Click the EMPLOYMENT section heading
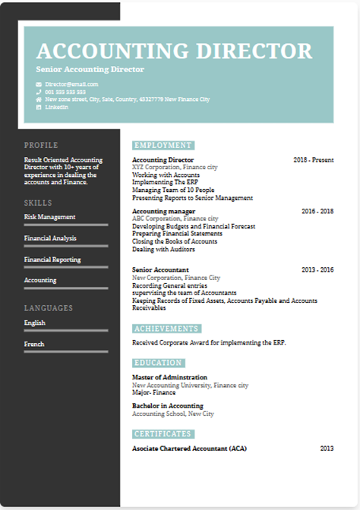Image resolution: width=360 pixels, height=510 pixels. point(163,145)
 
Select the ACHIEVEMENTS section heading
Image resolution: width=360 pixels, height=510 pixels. point(167,329)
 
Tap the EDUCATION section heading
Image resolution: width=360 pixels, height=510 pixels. point(160,363)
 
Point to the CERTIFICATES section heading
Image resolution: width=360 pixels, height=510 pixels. point(163,434)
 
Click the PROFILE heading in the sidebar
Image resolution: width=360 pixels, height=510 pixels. point(41,145)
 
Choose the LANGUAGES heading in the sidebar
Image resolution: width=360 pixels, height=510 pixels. point(49,308)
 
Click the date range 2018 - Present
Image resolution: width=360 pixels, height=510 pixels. point(314,160)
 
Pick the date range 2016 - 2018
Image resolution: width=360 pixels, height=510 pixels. point(317,211)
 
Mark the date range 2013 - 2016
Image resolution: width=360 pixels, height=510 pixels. point(317,269)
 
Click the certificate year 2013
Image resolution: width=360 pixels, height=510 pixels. point(327,449)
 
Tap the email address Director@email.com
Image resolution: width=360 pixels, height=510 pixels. point(71,83)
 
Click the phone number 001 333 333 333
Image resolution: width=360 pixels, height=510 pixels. point(65,91)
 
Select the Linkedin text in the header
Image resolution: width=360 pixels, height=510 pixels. point(57,107)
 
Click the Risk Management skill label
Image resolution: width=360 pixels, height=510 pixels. point(50,217)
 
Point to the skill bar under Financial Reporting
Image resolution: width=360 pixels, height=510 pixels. point(60,267)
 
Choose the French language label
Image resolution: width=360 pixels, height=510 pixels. point(34,344)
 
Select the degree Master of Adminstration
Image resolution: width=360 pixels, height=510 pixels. point(169,377)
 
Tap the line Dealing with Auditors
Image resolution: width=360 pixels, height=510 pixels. point(164,248)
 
